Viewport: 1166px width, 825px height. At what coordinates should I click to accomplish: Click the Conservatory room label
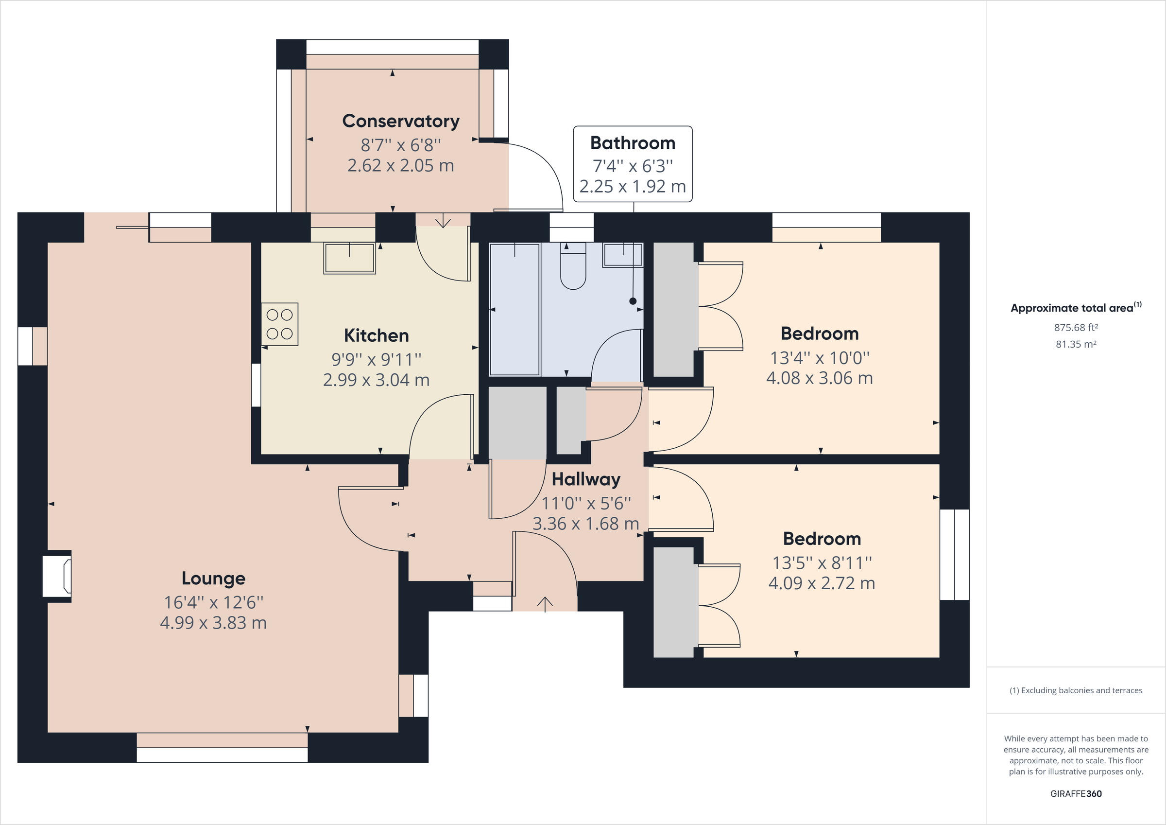point(401,121)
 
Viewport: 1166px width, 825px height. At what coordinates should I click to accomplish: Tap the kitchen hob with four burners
point(280,324)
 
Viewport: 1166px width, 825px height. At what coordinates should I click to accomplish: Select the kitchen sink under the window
point(349,258)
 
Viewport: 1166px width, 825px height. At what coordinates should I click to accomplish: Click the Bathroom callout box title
point(633,143)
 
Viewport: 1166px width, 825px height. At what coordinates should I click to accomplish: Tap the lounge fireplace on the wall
point(57,576)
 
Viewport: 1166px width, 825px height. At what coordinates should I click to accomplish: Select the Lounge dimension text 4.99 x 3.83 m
point(213,623)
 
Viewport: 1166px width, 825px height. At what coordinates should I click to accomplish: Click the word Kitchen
point(377,335)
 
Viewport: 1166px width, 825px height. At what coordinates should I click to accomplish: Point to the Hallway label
point(586,479)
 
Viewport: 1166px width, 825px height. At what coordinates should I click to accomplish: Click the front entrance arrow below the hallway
point(545,604)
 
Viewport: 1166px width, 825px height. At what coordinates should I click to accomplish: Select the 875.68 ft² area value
point(1076,328)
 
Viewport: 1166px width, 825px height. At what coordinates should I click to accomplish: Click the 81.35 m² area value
point(1076,344)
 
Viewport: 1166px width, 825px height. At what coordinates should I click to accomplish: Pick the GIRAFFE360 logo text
point(1076,793)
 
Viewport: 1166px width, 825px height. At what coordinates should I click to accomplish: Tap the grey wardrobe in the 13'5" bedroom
point(673,602)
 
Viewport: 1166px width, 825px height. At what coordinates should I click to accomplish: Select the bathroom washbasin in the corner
point(623,255)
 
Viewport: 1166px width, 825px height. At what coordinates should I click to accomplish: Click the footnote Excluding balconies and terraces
point(1076,690)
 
